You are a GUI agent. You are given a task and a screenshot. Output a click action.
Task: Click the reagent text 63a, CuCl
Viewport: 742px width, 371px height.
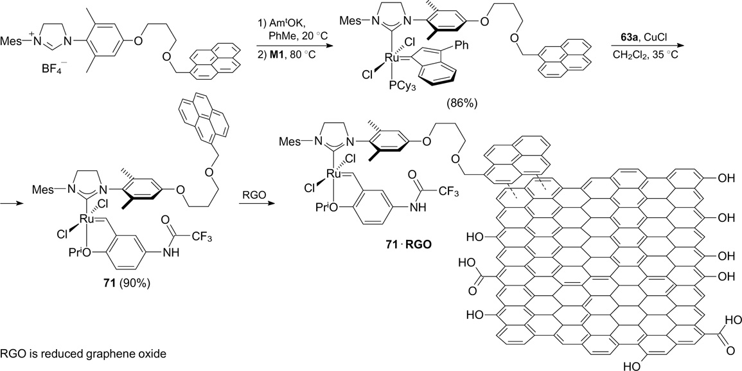(x=644, y=30)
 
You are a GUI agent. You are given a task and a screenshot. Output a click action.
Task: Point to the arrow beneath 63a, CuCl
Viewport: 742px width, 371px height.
(x=644, y=42)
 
